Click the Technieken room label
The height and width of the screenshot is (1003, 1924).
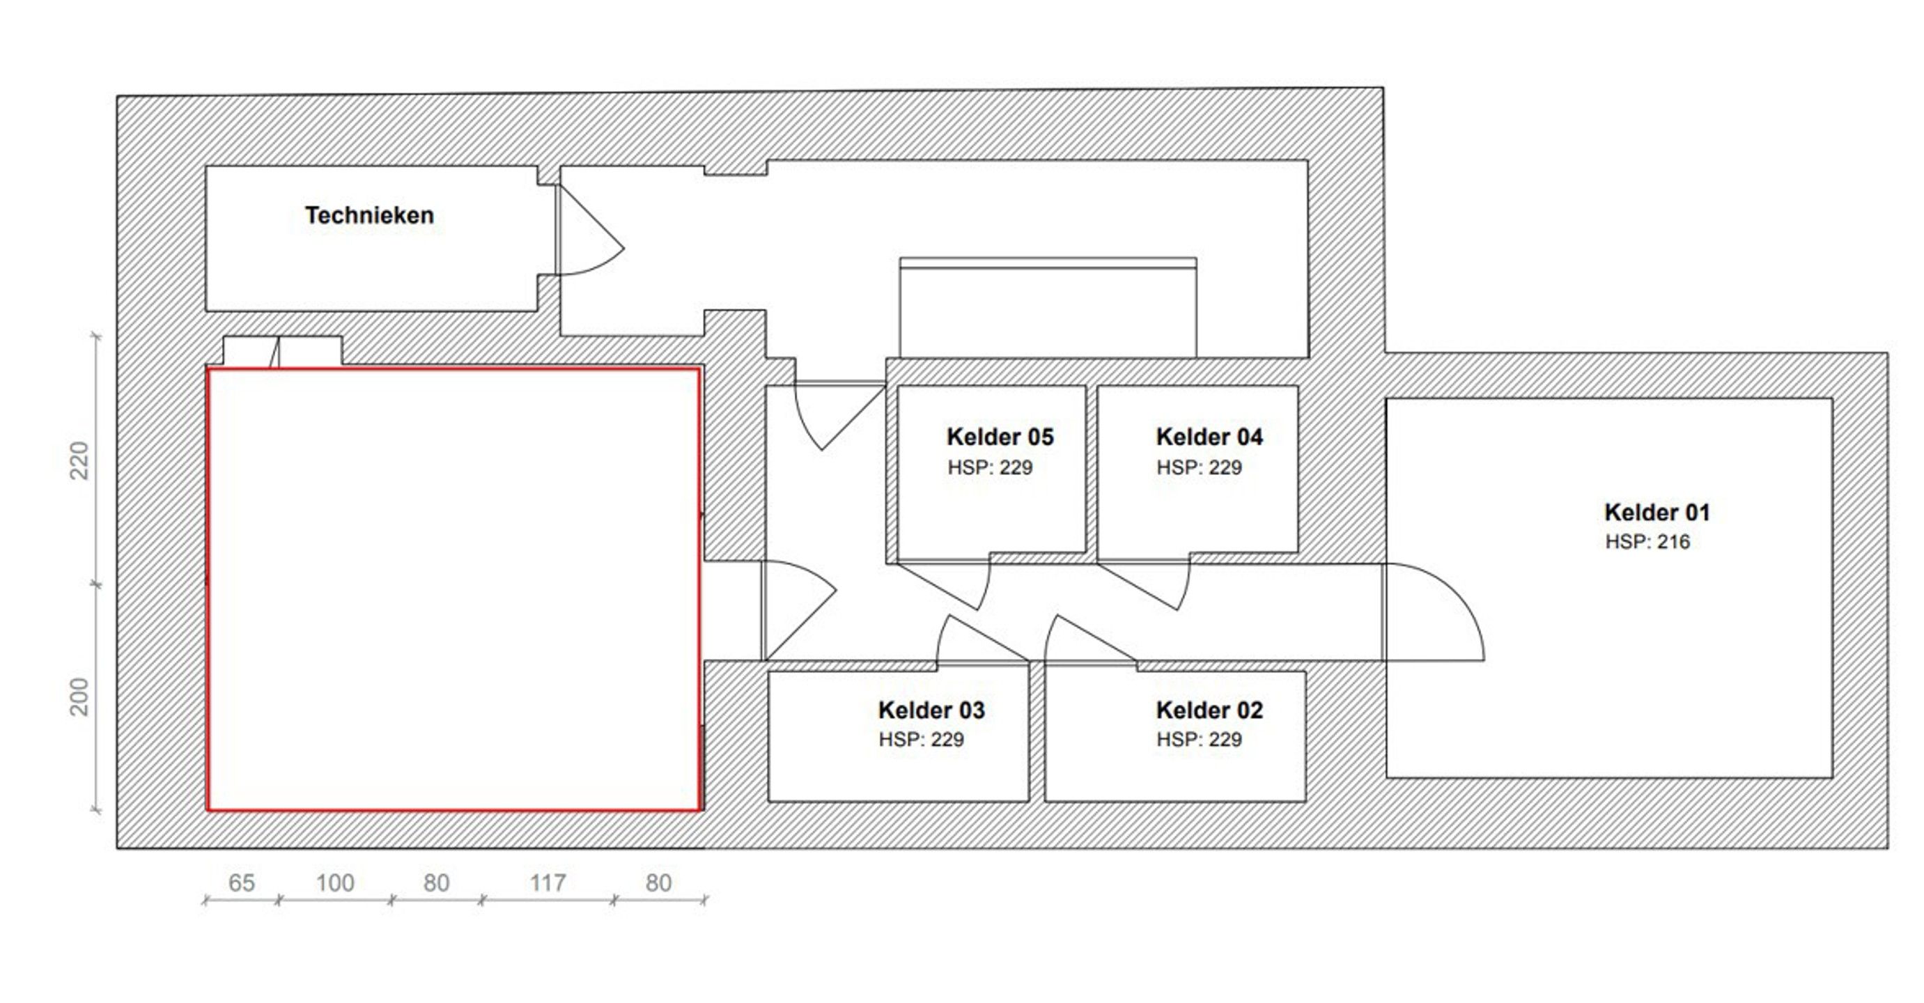pos(369,215)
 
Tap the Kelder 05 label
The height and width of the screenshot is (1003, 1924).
pos(1000,437)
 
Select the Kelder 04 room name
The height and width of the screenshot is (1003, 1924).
pos(1209,437)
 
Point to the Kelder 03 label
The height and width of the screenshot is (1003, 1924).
pos(931,710)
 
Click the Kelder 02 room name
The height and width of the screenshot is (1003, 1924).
pos(1209,710)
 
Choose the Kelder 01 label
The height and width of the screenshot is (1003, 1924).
pos(1657,513)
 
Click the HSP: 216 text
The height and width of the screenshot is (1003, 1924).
pos(1647,542)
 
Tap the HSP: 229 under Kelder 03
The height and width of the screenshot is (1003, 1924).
pos(920,740)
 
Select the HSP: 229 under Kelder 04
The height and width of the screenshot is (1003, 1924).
pos(1198,467)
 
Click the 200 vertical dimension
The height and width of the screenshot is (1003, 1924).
pos(79,696)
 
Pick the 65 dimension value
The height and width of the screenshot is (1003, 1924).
pos(241,883)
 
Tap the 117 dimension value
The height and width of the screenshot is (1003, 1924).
pos(548,883)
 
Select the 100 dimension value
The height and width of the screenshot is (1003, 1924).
pos(334,883)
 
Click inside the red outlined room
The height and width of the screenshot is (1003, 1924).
pos(453,590)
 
